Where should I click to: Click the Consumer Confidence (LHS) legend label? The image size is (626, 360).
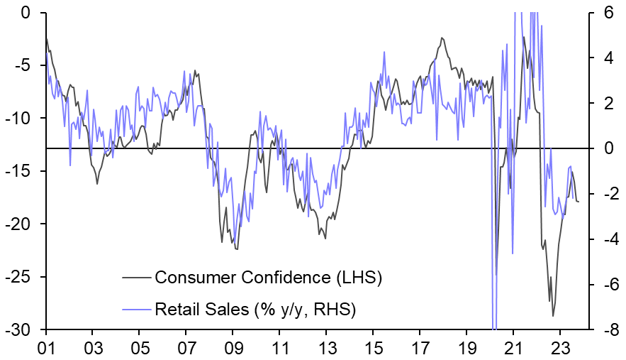pyautogui.click(x=269, y=277)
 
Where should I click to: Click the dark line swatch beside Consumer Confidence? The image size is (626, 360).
pyautogui.click(x=137, y=277)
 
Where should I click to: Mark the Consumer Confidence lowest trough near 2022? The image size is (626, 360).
pyautogui.click(x=553, y=317)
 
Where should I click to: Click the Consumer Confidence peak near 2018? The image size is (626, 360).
pyautogui.click(x=442, y=38)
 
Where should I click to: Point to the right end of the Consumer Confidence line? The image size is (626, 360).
pyautogui.click(x=579, y=202)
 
